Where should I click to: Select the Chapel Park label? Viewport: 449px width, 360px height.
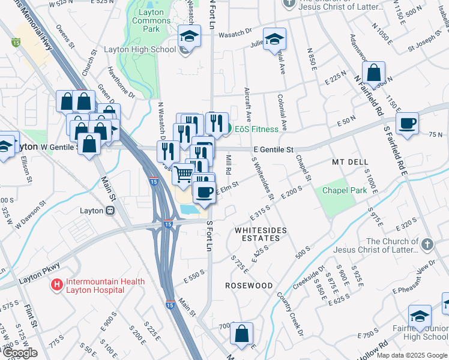[344, 190]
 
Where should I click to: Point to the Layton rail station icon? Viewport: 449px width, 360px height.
[110, 211]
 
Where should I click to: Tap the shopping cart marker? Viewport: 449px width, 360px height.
[184, 174]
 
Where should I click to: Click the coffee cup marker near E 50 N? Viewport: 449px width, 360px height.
[408, 123]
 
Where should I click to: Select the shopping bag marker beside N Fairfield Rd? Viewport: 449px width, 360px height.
[373, 73]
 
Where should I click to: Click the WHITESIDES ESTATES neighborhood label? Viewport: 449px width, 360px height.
[261, 230]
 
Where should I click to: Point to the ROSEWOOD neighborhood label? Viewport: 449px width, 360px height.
[249, 286]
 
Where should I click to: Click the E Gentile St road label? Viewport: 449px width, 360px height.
[273, 149]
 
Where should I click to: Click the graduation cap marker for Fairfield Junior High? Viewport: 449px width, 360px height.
[420, 316]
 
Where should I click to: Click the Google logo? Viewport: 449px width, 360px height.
[19, 353]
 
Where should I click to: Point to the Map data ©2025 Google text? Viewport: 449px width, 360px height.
[412, 355]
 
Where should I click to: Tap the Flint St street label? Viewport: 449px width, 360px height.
[31, 319]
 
